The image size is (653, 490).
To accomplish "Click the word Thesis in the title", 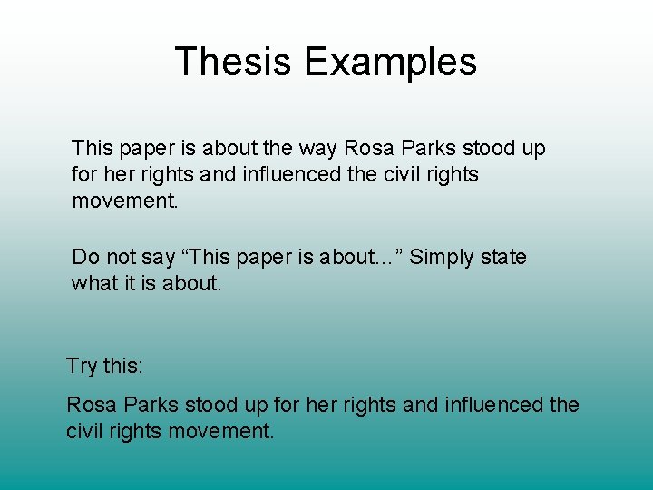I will click(x=233, y=62).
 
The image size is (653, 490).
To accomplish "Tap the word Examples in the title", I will click(x=390, y=62).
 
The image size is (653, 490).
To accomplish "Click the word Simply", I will click(x=442, y=257).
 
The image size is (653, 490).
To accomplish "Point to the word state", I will click(x=504, y=257).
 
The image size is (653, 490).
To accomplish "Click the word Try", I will click(x=81, y=367).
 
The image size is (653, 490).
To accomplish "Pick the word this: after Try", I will click(x=122, y=366).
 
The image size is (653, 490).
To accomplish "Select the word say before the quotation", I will click(x=157, y=258).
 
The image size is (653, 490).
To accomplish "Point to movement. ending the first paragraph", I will click(x=126, y=201).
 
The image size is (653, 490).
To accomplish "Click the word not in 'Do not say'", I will click(x=119, y=257).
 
